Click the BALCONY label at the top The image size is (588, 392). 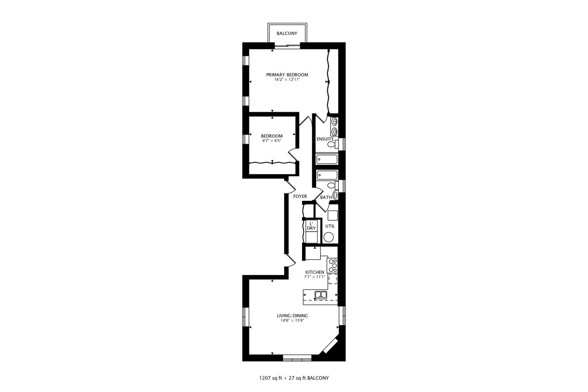point(287,33)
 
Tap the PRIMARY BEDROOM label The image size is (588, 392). point(287,75)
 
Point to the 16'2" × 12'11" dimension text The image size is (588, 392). point(287,79)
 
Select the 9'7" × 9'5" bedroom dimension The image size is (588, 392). point(272,141)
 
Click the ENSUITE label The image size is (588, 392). point(325,139)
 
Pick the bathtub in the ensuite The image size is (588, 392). point(327,159)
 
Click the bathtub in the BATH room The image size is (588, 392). point(327,175)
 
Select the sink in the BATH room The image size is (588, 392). point(336,195)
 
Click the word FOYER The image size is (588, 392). point(300,196)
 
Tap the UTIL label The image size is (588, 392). point(330,226)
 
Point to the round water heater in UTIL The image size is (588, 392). point(328,238)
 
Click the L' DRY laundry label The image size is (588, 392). point(311,226)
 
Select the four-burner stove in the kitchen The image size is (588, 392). point(332,266)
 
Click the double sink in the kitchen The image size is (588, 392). point(320,295)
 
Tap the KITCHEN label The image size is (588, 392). point(314,272)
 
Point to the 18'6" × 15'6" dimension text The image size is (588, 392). point(292,320)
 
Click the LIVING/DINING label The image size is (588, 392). point(292,316)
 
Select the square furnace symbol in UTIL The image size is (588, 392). point(332,216)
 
